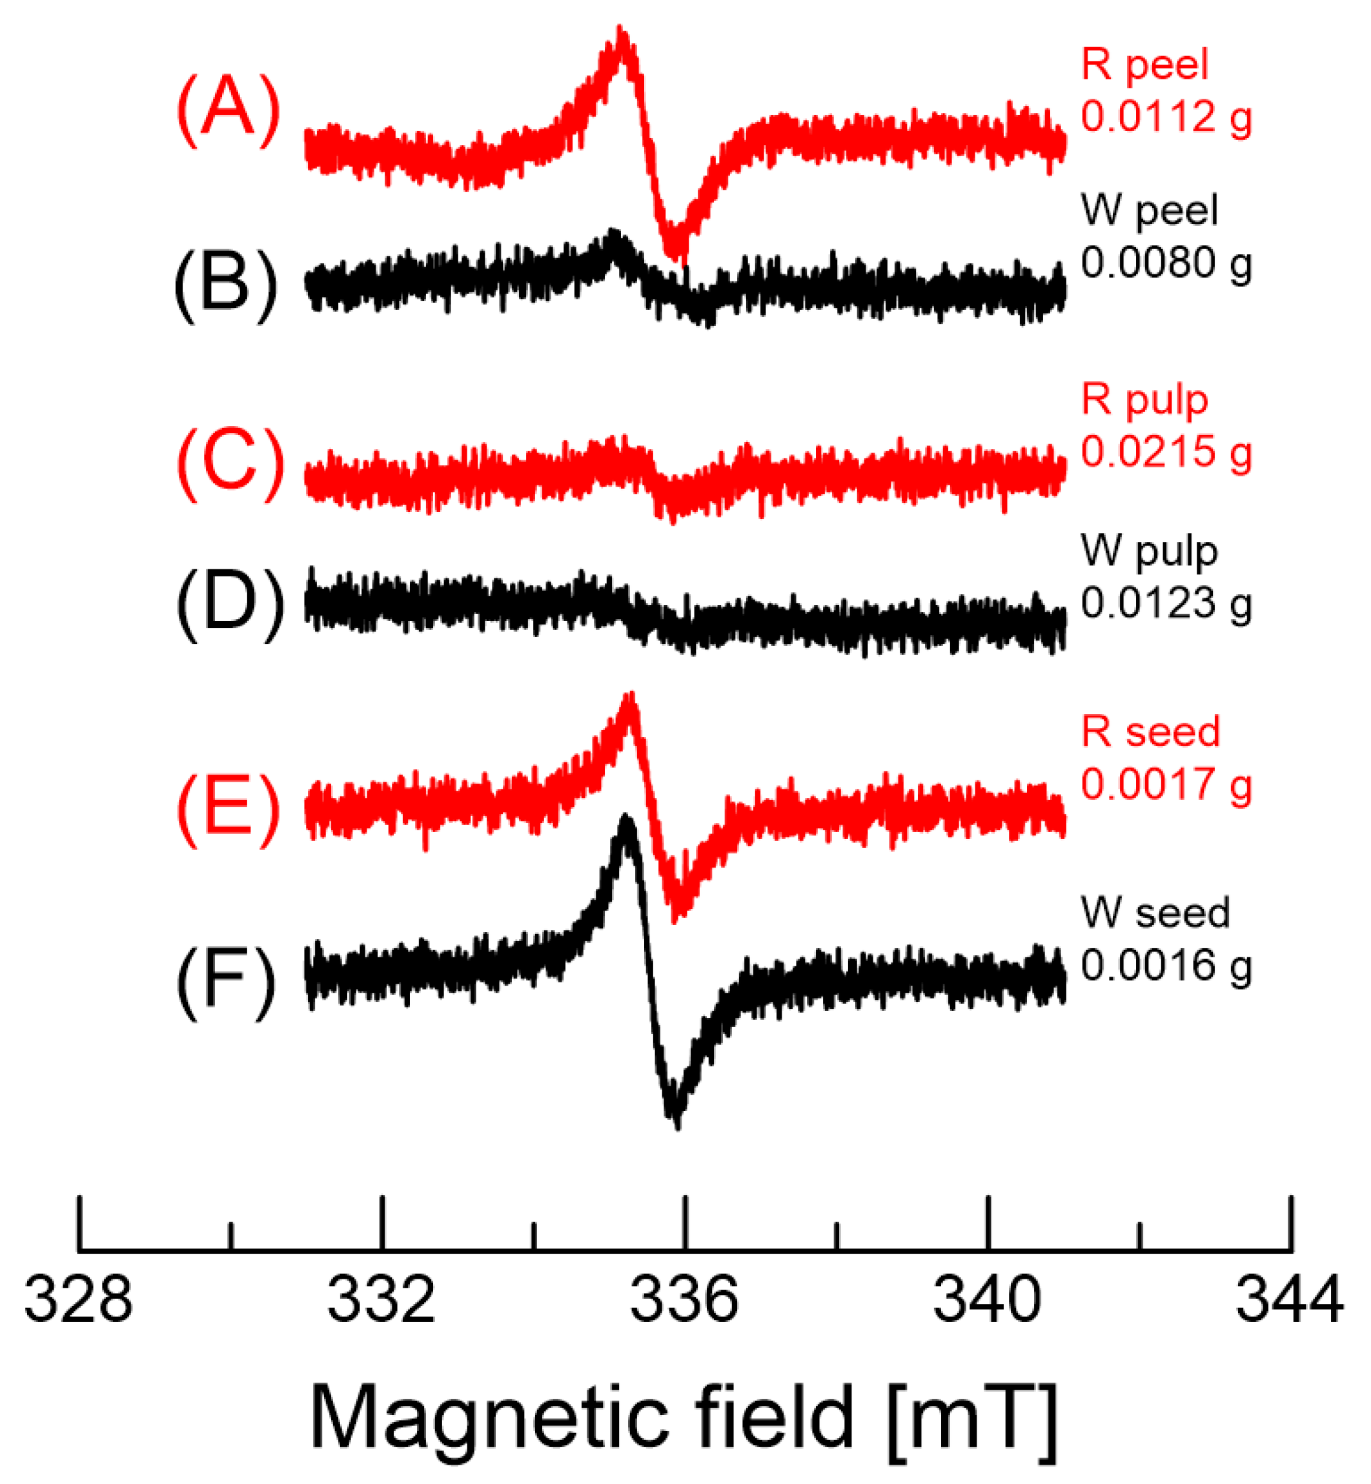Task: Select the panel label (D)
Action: coord(228,605)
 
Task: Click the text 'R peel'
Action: coord(1144,65)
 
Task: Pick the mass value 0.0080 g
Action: coord(1166,263)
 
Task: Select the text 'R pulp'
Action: coord(1144,401)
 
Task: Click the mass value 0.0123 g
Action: coord(1166,602)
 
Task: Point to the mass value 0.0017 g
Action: coord(1166,784)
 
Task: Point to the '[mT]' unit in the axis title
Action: coord(972,1419)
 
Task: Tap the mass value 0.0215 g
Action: coord(1166,451)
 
